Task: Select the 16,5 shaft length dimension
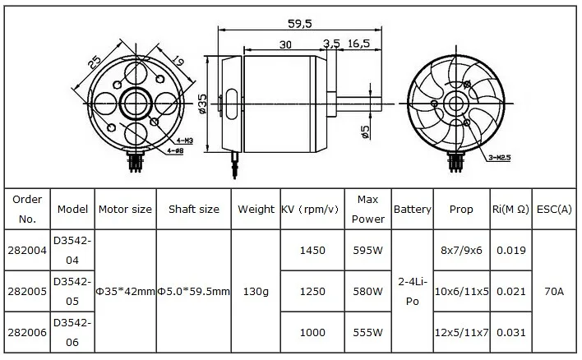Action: (x=360, y=44)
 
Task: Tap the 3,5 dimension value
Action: (x=332, y=44)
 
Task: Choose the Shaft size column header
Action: (x=193, y=210)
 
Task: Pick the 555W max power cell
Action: (x=367, y=332)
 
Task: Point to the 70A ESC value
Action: (x=553, y=292)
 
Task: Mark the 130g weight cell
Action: (x=256, y=292)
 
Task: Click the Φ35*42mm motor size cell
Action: (x=125, y=292)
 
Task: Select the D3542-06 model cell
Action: (x=73, y=332)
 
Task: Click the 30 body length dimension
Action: (x=286, y=44)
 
